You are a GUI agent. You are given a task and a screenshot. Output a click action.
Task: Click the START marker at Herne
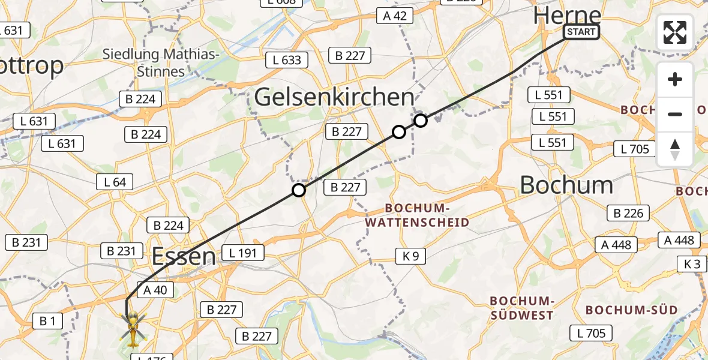pyautogui.click(x=581, y=32)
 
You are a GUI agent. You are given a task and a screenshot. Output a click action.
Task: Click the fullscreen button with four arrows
pyautogui.click(x=675, y=32)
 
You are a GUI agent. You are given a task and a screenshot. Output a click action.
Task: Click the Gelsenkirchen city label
pyautogui.click(x=334, y=97)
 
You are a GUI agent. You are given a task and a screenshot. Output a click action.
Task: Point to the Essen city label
pyautogui.click(x=184, y=256)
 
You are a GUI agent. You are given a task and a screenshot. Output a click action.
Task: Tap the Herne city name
pyautogui.click(x=567, y=15)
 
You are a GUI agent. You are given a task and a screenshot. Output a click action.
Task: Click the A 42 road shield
pyautogui.click(x=395, y=16)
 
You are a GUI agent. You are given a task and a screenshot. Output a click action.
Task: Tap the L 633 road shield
pyautogui.click(x=287, y=60)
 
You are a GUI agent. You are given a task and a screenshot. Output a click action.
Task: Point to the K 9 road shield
pyautogui.click(x=411, y=257)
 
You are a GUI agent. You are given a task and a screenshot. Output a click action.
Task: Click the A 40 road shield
pyautogui.click(x=156, y=290)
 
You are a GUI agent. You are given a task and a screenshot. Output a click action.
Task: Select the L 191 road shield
pyautogui.click(x=242, y=253)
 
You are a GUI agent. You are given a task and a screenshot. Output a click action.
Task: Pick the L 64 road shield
pyautogui.click(x=115, y=182)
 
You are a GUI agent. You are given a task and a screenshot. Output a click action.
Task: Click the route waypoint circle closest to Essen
pyautogui.click(x=299, y=191)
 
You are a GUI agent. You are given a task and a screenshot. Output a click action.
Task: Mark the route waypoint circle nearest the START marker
pyautogui.click(x=421, y=121)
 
